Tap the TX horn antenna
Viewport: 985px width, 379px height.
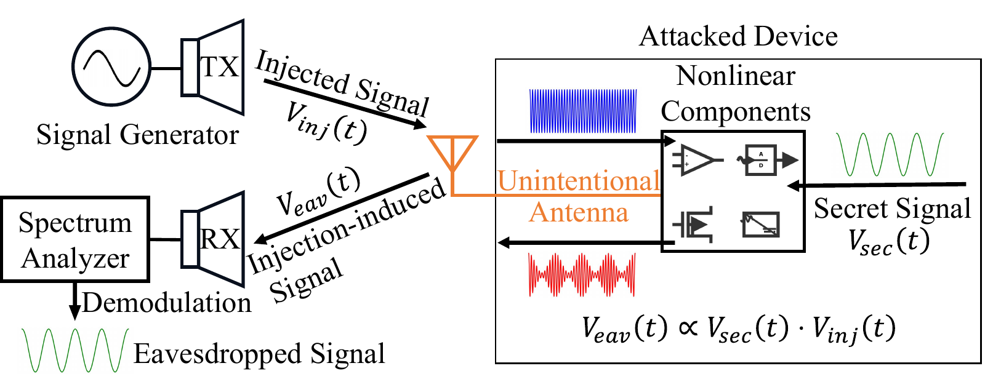click(212, 67)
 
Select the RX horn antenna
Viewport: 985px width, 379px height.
click(212, 239)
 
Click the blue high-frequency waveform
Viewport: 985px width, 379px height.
click(583, 111)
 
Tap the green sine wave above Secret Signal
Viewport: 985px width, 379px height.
click(890, 154)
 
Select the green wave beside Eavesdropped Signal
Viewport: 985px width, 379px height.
click(75, 350)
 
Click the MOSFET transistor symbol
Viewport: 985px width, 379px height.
click(693, 225)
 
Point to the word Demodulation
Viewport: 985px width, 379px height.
click(167, 303)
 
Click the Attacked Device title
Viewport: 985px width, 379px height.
click(738, 36)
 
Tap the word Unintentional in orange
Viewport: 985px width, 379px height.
click(579, 181)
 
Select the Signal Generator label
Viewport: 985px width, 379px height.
click(138, 135)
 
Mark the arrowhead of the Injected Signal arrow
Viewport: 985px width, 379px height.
click(420, 124)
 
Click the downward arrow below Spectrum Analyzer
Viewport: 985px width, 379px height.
click(74, 301)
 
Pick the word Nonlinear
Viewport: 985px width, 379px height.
click(736, 76)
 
